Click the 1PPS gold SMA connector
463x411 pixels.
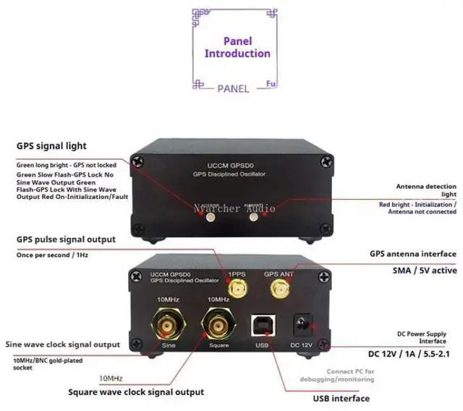[236, 290]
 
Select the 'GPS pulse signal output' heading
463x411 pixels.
[67, 240]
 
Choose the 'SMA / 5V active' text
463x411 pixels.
[416, 270]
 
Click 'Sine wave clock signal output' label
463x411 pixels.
[73, 344]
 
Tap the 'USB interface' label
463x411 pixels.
[341, 398]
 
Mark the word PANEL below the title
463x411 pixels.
[233, 88]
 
